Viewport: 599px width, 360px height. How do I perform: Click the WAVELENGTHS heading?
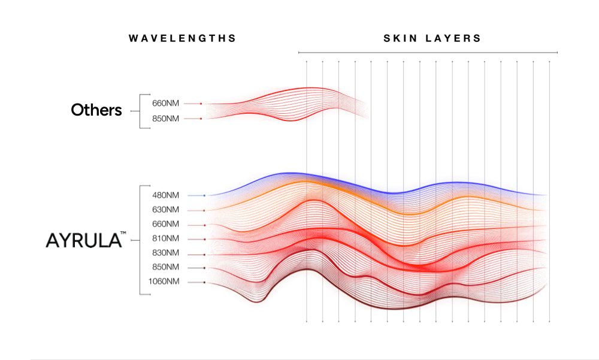[x=183, y=38]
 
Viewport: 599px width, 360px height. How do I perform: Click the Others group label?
[x=96, y=110]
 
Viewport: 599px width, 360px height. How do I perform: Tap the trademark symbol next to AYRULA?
[x=122, y=235]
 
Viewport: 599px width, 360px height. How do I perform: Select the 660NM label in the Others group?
[x=166, y=104]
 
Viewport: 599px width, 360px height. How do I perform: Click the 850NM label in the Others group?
[x=166, y=119]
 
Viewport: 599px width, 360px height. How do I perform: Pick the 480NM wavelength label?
[x=166, y=195]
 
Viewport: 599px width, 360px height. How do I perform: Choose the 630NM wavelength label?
[x=166, y=210]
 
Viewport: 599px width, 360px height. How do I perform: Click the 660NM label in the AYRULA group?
[x=166, y=224]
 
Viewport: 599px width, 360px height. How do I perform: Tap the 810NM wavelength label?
[x=166, y=238]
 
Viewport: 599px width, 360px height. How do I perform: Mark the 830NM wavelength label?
[x=166, y=253]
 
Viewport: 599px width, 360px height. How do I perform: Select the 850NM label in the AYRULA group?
[x=166, y=267]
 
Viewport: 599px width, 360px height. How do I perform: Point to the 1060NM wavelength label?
[x=164, y=282]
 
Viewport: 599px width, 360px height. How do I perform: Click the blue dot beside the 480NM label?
[x=204, y=195]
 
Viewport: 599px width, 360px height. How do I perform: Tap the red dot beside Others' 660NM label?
[x=201, y=104]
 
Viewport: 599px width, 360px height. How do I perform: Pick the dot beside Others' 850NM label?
[x=201, y=119]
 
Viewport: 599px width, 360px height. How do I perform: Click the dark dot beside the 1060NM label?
[x=204, y=282]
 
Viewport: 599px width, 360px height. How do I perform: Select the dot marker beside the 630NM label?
[x=204, y=210]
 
